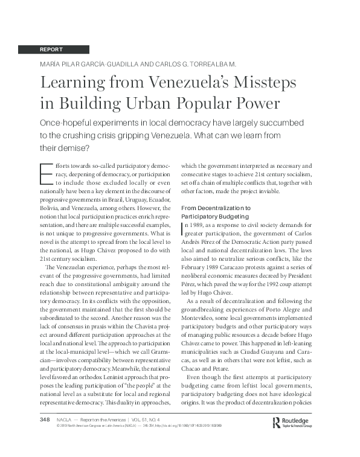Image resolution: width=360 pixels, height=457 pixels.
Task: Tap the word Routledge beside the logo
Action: [300, 420]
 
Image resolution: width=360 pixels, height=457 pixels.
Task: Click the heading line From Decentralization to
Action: [216, 208]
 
